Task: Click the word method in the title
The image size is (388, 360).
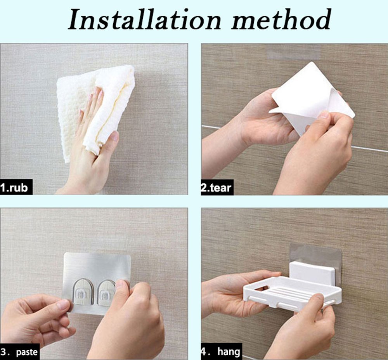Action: [281, 19]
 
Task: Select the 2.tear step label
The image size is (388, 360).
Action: [216, 188]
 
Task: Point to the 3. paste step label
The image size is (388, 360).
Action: [19, 352]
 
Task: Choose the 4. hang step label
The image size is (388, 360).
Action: [220, 351]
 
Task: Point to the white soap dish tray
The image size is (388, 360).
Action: [292, 292]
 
